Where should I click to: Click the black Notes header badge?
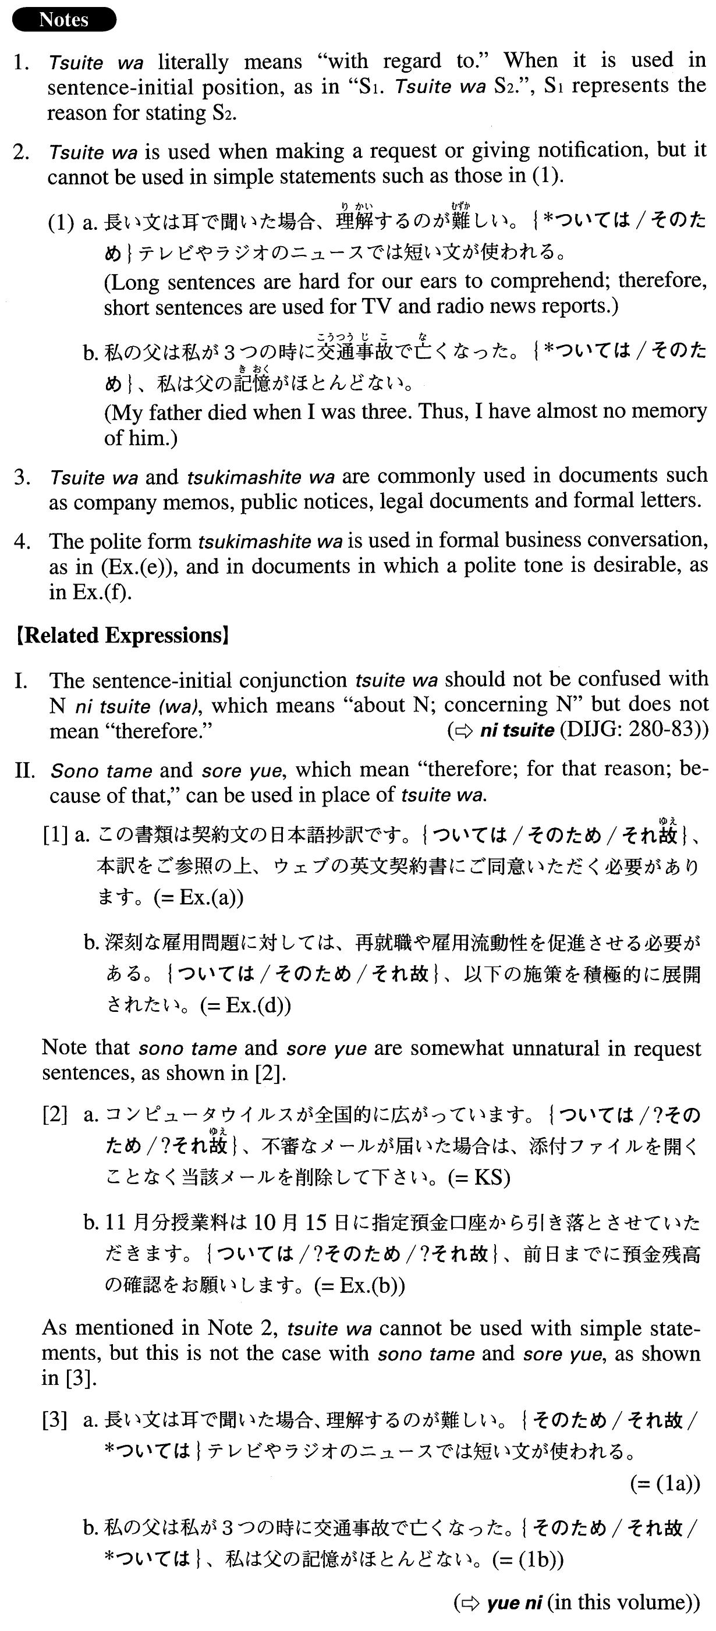click(x=65, y=20)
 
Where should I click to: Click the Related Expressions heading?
click(x=122, y=635)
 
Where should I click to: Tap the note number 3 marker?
click(x=22, y=477)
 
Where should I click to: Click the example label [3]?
click(x=55, y=1421)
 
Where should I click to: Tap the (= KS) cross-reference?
click(x=479, y=1177)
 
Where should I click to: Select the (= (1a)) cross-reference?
click(x=665, y=1483)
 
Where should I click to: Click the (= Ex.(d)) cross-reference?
click(x=245, y=1005)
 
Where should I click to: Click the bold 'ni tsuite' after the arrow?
click(x=517, y=731)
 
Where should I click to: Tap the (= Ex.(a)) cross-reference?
click(x=199, y=897)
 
